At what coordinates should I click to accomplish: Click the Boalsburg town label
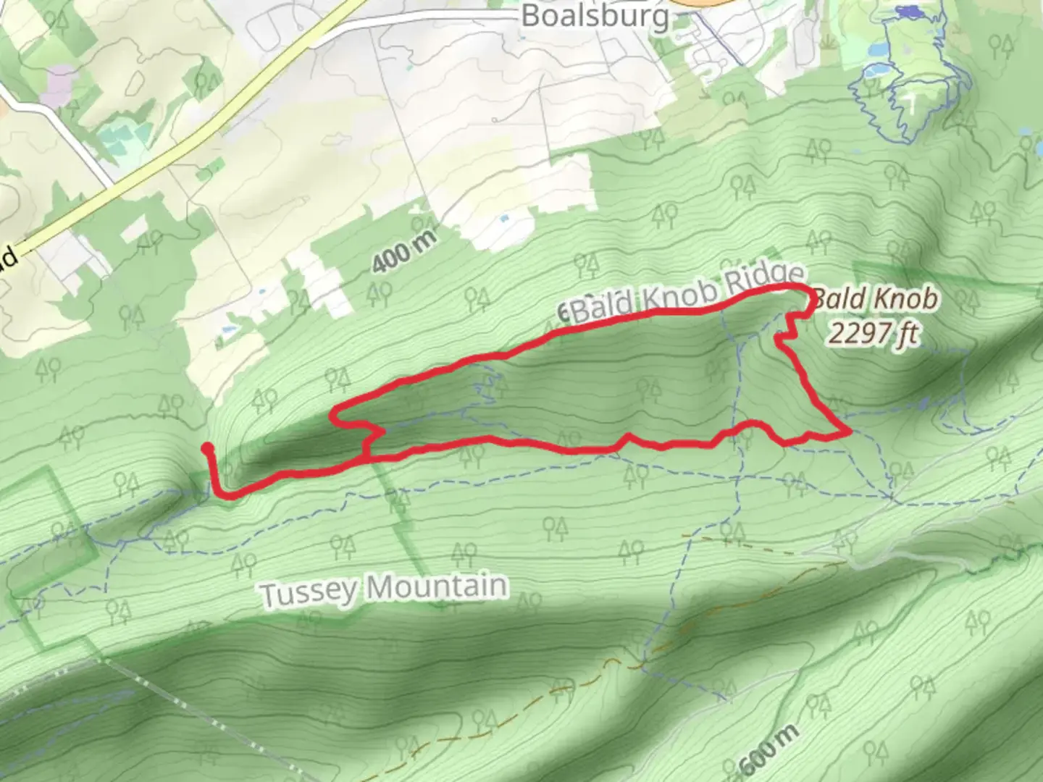(595, 16)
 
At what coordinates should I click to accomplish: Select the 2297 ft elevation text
(874, 334)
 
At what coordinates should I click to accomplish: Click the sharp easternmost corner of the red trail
(848, 432)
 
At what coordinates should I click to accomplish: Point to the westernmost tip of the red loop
(333, 416)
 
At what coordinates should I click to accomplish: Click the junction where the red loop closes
(368, 457)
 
